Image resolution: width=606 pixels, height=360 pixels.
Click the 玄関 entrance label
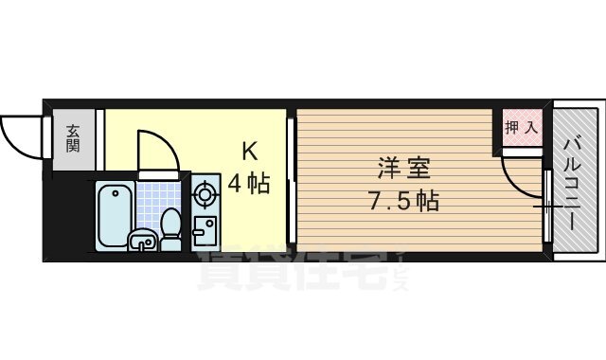pos(73,141)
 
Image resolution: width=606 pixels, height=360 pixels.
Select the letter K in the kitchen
pos(249,151)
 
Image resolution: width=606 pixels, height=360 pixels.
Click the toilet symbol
pos(171,227)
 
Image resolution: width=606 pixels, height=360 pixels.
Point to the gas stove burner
pos(205,196)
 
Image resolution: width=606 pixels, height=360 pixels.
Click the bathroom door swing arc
pos(154,152)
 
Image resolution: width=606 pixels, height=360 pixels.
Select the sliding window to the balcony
pos(547,204)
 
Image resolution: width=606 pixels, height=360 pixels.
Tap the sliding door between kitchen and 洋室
pos(292,180)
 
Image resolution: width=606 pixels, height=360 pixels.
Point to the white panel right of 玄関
pos(98,141)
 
